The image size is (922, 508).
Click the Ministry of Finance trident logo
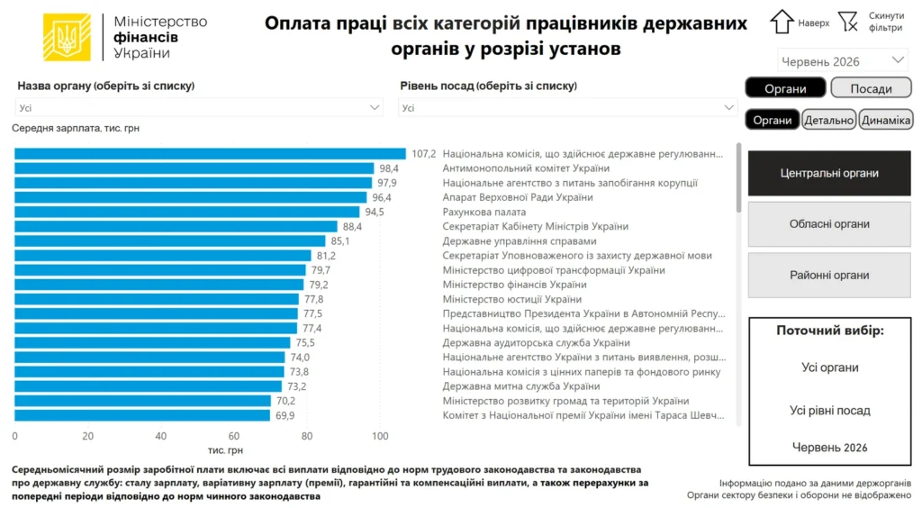(x=67, y=37)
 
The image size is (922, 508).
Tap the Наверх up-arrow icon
(x=782, y=22)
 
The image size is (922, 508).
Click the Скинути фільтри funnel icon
(x=848, y=22)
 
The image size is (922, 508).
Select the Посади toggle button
(x=871, y=88)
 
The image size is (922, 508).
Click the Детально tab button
(x=828, y=120)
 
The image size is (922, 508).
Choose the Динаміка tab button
(x=886, y=120)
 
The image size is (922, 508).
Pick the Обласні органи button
(x=829, y=224)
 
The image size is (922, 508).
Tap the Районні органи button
(x=829, y=276)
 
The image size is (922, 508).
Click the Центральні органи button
(x=829, y=173)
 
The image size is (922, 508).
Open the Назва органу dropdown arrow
(x=374, y=107)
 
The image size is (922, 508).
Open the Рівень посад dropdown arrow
(x=728, y=107)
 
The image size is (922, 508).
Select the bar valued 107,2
(x=210, y=154)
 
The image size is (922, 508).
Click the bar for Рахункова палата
(x=187, y=212)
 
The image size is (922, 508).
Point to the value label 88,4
(x=352, y=226)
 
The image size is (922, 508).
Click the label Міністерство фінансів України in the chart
(x=514, y=285)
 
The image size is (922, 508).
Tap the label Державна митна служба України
(x=521, y=386)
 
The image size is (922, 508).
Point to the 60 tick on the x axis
(x=233, y=436)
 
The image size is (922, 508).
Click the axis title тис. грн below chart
(x=225, y=450)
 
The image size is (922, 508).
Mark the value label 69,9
(x=285, y=416)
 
